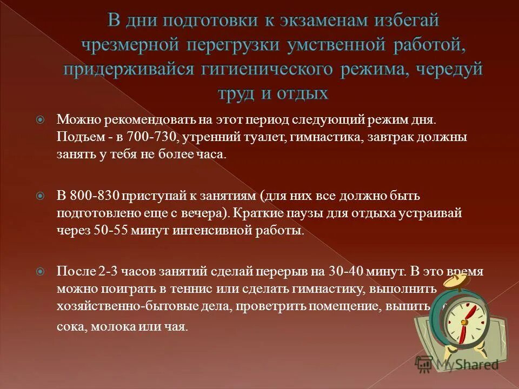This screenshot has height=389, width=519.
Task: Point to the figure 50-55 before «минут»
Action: point(110,231)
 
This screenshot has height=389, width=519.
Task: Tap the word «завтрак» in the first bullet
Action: point(394,137)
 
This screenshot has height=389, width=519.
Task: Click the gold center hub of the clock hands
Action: point(463,322)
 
